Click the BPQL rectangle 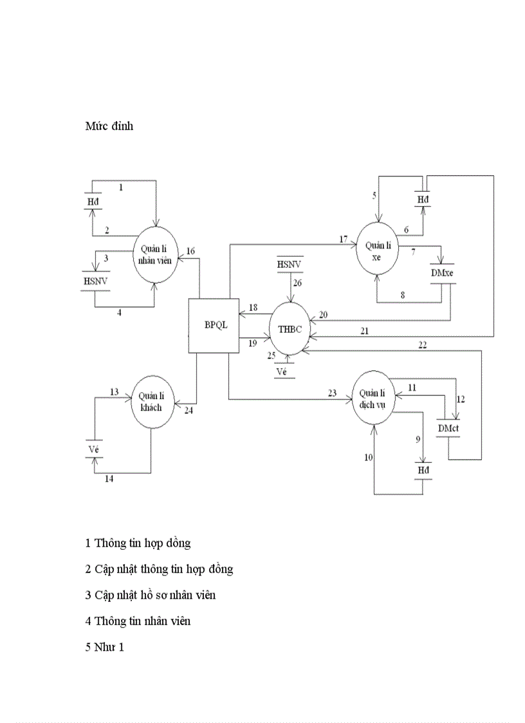213,325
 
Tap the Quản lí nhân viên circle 154,254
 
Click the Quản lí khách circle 153,403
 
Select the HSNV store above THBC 290,265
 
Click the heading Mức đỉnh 109,126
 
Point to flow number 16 190,251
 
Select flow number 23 332,393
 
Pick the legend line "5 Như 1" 104,647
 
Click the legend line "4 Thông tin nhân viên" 138,621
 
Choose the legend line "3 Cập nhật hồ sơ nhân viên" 150,595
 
